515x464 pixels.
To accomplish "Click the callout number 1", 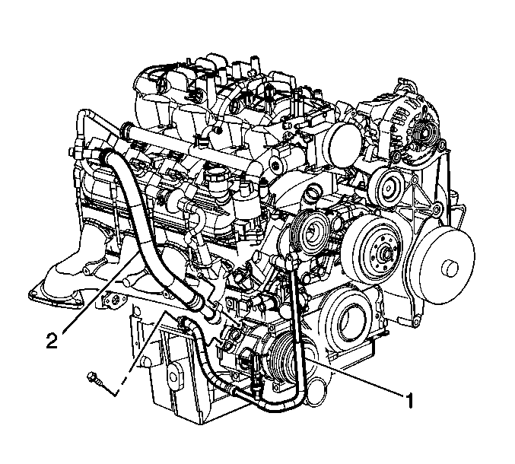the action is coord(409,400).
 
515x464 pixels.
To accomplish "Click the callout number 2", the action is coord(52,340).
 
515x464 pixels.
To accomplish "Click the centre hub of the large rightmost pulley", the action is coord(450,268).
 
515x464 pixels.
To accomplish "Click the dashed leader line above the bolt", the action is coord(142,352).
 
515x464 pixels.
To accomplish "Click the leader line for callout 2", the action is coord(100,291).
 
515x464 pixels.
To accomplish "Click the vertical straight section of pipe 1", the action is coord(296,325).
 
